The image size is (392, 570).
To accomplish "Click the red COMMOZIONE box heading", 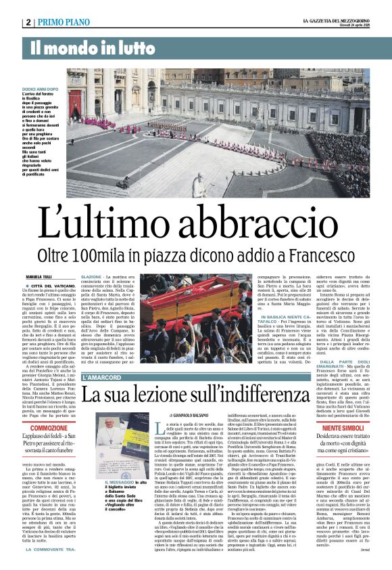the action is (x=49, y=429).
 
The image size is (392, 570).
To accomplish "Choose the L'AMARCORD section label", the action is (x=102, y=377).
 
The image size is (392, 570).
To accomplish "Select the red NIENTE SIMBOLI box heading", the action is (x=345, y=429).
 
